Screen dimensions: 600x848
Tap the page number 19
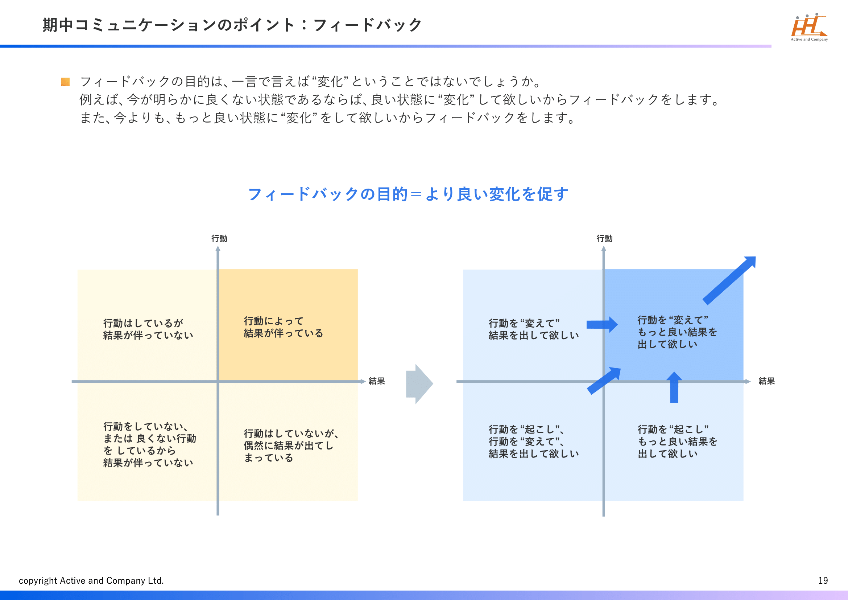[823, 580]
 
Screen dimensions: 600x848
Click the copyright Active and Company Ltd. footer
[91, 580]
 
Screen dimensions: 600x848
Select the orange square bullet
[65, 82]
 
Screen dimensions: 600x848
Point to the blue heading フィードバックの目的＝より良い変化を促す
[408, 194]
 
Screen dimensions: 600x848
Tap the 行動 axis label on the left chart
[219, 238]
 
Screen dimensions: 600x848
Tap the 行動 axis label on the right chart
[605, 238]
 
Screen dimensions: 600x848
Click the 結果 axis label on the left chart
[377, 381]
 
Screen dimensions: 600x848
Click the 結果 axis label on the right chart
[767, 381]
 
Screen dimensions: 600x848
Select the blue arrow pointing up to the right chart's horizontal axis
[674, 387]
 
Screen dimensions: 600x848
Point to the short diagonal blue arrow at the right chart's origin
[604, 381]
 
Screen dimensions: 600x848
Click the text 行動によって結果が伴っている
[283, 327]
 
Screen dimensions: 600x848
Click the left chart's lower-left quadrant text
[149, 444]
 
